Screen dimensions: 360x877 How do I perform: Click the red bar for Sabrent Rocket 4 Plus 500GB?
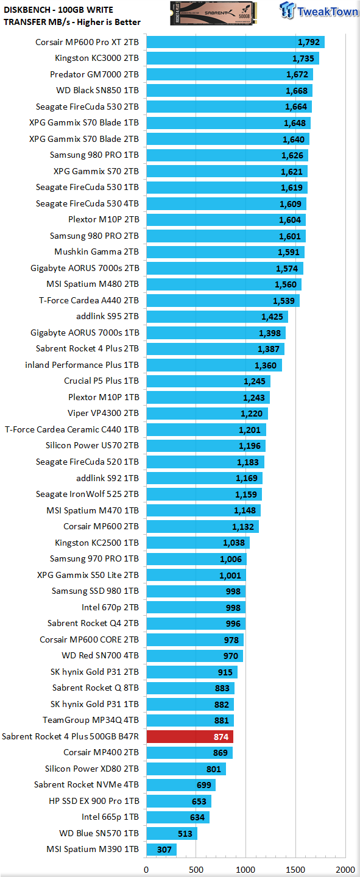190,736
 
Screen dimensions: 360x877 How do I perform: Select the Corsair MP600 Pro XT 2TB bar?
235,42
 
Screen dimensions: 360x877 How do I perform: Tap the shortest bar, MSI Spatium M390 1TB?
161,849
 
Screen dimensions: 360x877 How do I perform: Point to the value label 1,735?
303,58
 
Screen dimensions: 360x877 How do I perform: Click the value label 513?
185,834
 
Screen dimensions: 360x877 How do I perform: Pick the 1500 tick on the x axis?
295,870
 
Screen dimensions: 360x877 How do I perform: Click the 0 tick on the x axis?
147,870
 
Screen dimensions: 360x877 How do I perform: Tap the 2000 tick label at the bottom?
345,870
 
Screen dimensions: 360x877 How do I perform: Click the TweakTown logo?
319,10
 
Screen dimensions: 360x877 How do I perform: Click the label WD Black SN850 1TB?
97,90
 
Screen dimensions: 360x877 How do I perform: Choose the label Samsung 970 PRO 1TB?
94,558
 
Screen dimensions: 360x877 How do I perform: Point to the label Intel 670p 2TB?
110,607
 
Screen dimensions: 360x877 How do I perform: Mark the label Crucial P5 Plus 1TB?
102,381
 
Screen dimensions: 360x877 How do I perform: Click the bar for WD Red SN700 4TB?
195,656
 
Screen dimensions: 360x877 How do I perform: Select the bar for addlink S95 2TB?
217,317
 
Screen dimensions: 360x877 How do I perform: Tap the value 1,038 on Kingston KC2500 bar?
234,543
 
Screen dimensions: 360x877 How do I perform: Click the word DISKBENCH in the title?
27,10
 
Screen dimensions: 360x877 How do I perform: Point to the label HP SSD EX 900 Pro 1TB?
94,801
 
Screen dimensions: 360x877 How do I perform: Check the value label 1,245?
255,381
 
